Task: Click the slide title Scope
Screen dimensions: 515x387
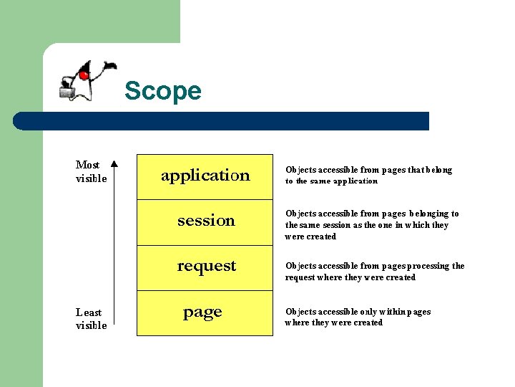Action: click(x=162, y=92)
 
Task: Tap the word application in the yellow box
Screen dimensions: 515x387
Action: click(x=205, y=176)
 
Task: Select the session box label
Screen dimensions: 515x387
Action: click(x=206, y=221)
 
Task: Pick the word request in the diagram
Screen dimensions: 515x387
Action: click(x=206, y=266)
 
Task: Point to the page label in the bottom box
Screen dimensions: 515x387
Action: click(x=202, y=312)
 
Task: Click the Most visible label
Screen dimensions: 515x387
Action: click(x=91, y=171)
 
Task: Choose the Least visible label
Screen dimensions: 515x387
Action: click(x=91, y=319)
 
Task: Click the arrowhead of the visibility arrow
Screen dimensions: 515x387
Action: click(x=115, y=163)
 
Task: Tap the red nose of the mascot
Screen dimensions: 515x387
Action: click(x=84, y=75)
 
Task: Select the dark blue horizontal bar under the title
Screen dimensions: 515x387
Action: click(x=222, y=121)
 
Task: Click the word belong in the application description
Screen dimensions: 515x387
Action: click(x=438, y=170)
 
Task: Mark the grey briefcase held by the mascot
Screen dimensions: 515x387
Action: click(x=68, y=90)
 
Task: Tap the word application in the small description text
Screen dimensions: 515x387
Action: click(x=355, y=181)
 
